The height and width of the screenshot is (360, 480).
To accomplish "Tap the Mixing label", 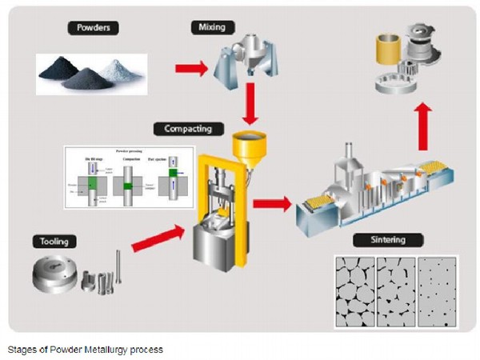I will click(x=206, y=27).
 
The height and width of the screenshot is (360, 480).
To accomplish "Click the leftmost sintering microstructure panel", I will click(x=354, y=291).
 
